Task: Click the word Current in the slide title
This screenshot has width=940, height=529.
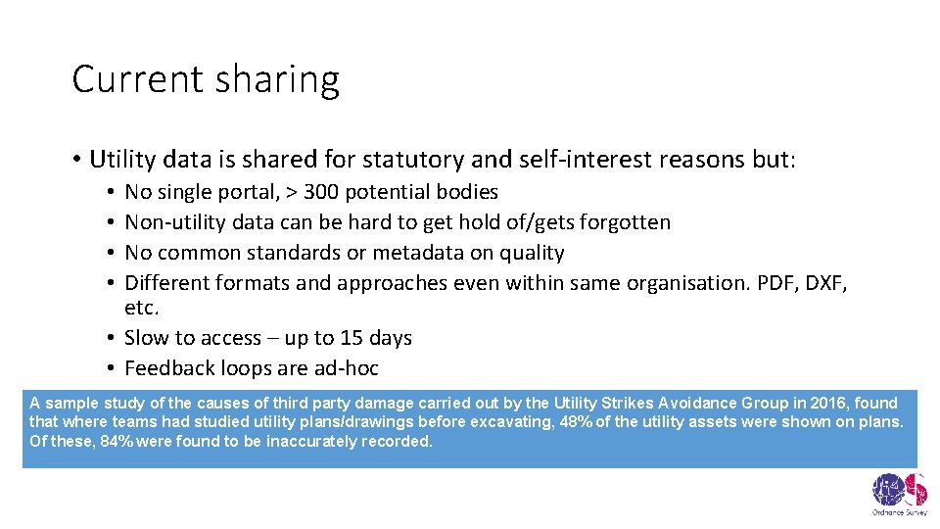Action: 131,79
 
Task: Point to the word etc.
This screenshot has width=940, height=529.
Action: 142,309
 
